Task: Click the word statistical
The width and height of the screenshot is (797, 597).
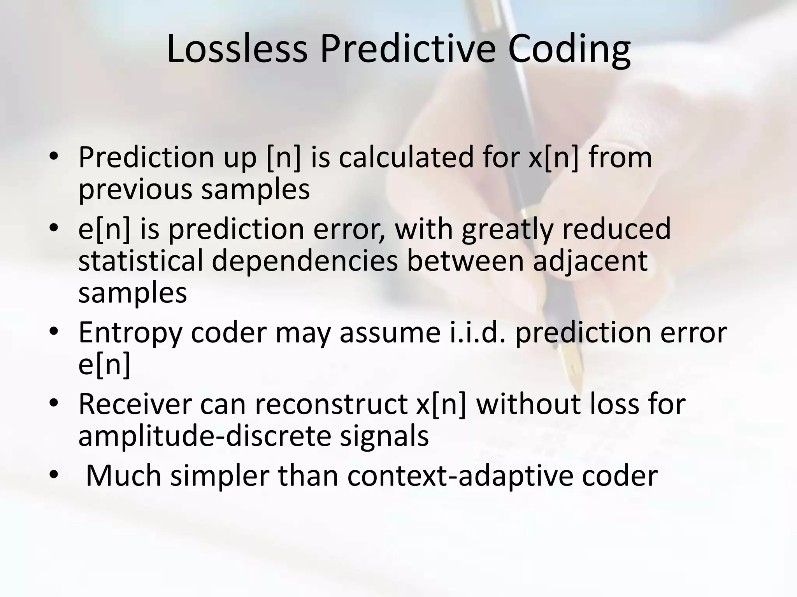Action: pyautogui.click(x=140, y=261)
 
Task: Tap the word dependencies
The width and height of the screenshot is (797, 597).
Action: pyautogui.click(x=305, y=261)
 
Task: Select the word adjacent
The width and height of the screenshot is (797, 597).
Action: pyautogui.click(x=590, y=261)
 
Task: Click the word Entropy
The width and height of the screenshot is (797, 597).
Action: pyautogui.click(x=130, y=333)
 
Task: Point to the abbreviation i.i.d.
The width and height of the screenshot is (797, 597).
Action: pyautogui.click(x=478, y=333)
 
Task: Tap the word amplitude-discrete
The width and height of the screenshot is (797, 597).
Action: pyautogui.click(x=205, y=436)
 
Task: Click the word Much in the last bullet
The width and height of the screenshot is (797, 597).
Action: pyautogui.click(x=123, y=476)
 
